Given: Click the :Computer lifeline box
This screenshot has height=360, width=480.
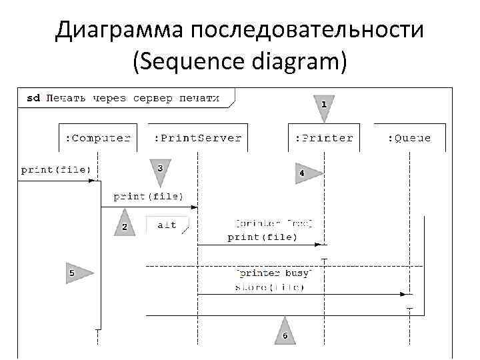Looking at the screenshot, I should coord(97,139).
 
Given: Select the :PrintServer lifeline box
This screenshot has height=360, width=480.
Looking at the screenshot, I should coord(197,139).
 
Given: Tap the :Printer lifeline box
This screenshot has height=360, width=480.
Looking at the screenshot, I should coord(324,139).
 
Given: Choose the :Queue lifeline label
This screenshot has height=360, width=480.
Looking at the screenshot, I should coord(409,139).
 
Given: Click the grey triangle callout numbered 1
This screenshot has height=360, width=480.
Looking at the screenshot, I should coord(324,106).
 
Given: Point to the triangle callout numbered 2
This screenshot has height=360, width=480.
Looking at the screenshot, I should coord(125,225).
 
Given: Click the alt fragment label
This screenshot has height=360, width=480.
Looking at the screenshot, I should coord(167,225).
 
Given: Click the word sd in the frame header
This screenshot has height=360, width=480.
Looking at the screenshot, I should coord(33,98).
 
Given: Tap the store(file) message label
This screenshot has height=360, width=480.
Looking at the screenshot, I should coord(269,287).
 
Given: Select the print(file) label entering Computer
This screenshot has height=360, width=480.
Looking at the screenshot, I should coord(55,169).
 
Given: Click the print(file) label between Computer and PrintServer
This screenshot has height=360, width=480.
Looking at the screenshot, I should coord(148,197).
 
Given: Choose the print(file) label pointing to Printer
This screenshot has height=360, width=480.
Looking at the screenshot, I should coord(262,237).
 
